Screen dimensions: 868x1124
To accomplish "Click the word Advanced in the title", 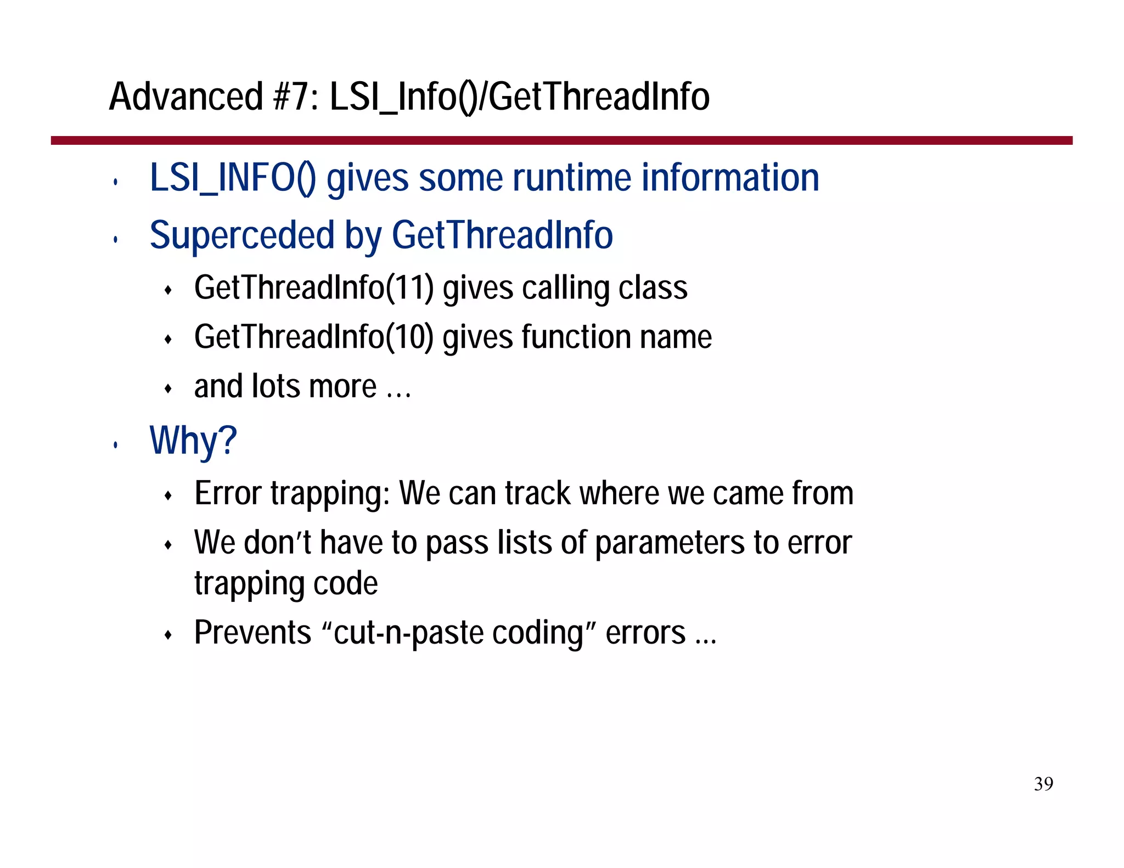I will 186,97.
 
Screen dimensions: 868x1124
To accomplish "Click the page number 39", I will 1043,784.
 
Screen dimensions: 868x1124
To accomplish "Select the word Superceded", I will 242,235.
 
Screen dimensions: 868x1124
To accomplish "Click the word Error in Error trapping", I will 228,493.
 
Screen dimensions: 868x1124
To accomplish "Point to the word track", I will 537,493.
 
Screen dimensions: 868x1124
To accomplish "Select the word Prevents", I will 252,632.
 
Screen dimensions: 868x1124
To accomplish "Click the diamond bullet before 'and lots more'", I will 168,389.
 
